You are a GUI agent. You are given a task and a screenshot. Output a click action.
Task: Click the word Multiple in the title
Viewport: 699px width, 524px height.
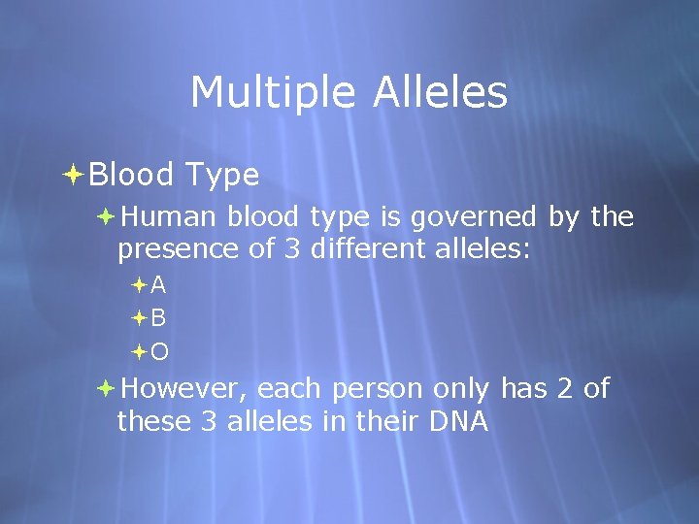pos(256,93)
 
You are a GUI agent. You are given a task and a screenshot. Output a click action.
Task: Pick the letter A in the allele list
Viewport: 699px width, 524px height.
pos(158,285)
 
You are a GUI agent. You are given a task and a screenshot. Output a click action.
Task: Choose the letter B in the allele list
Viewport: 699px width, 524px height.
pos(158,317)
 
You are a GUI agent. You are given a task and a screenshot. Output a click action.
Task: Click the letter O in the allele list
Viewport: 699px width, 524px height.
pos(159,350)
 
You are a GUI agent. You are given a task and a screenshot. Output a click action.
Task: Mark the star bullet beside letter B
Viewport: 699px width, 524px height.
pos(139,317)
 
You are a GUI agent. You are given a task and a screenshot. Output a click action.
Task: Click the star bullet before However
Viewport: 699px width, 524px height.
pos(106,388)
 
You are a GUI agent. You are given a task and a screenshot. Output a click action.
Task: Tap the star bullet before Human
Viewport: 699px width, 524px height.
pos(106,216)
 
